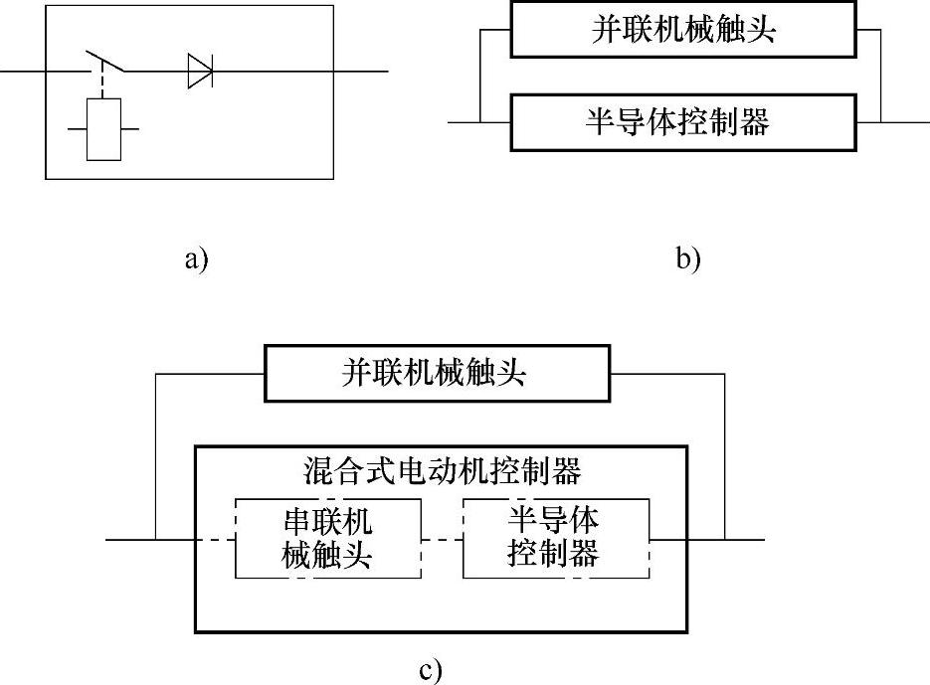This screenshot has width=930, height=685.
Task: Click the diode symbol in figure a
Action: (x=200, y=72)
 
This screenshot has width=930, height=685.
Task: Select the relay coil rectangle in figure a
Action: (x=103, y=129)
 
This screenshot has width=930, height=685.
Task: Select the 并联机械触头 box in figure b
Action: (x=682, y=29)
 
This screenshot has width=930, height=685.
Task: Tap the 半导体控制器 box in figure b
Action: (x=682, y=122)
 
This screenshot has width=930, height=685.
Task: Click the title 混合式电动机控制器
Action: (x=441, y=469)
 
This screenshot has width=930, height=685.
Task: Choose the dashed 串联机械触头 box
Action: (x=327, y=537)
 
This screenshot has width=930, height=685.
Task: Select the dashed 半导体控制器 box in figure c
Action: (x=555, y=537)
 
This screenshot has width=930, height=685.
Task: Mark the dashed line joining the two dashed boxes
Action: (x=442, y=540)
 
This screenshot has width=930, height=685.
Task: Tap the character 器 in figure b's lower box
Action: (x=755, y=122)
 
